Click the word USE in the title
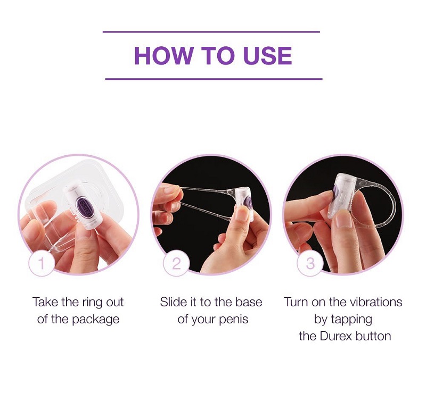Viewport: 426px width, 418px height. pyautogui.click(x=268, y=56)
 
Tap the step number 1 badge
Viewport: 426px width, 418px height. pyautogui.click(x=42, y=263)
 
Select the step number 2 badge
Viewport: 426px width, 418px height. pyautogui.click(x=176, y=263)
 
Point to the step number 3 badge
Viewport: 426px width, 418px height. pyautogui.click(x=310, y=263)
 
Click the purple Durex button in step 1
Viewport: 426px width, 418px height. pyautogui.click(x=84, y=207)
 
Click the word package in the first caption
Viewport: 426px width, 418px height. pyautogui.click(x=95, y=320)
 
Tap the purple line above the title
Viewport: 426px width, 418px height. pyautogui.click(x=211, y=32)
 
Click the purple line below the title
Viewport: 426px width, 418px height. pyautogui.click(x=214, y=79)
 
